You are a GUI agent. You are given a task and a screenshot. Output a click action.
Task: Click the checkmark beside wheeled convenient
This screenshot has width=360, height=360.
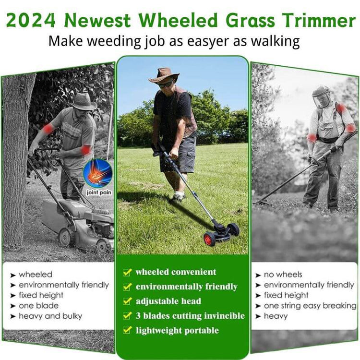click(x=127, y=272)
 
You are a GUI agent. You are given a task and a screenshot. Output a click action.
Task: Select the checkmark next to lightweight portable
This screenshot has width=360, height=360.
click(x=127, y=330)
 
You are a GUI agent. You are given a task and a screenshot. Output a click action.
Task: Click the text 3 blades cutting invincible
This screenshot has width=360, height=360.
click(x=190, y=316)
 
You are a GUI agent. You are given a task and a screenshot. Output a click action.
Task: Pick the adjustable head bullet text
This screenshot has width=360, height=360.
click(x=168, y=301)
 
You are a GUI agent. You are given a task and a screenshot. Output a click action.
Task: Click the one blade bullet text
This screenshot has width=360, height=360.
click(x=38, y=306)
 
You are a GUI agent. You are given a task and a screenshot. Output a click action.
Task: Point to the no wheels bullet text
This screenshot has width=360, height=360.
click(x=283, y=275)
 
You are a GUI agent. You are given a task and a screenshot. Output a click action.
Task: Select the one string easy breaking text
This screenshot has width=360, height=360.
click(x=310, y=306)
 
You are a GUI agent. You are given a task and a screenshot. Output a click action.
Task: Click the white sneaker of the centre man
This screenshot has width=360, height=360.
click(x=178, y=196)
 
